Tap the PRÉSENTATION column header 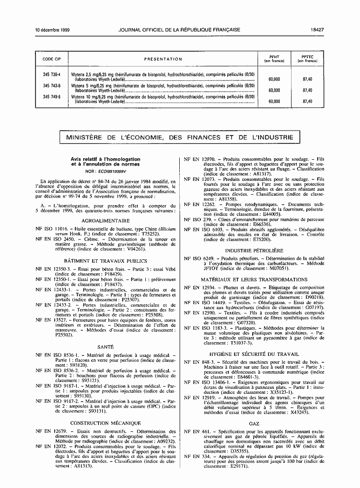(x=163, y=59)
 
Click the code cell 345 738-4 (x=52, y=74)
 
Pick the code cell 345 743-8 (x=52, y=85)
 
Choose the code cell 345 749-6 (x=52, y=97)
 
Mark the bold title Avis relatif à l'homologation (x=105, y=159)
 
